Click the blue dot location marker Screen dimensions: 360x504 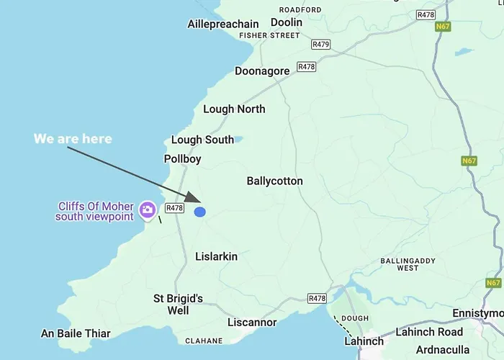200,212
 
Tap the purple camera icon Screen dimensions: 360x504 148,209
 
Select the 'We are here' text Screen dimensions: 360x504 73,138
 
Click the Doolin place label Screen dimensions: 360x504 287,22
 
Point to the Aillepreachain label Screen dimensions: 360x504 223,24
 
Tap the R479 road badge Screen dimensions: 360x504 320,45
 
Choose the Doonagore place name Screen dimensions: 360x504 262,71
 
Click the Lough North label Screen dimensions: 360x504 234,109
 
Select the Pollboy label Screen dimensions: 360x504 183,159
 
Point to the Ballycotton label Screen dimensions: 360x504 274,181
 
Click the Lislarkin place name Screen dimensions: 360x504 216,256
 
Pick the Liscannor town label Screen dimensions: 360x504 252,323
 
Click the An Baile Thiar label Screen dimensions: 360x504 76,333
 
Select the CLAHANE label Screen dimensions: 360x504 204,341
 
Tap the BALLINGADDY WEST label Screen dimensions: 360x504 408,264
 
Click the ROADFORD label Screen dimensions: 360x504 300,10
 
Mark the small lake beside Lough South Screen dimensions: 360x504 239,139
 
